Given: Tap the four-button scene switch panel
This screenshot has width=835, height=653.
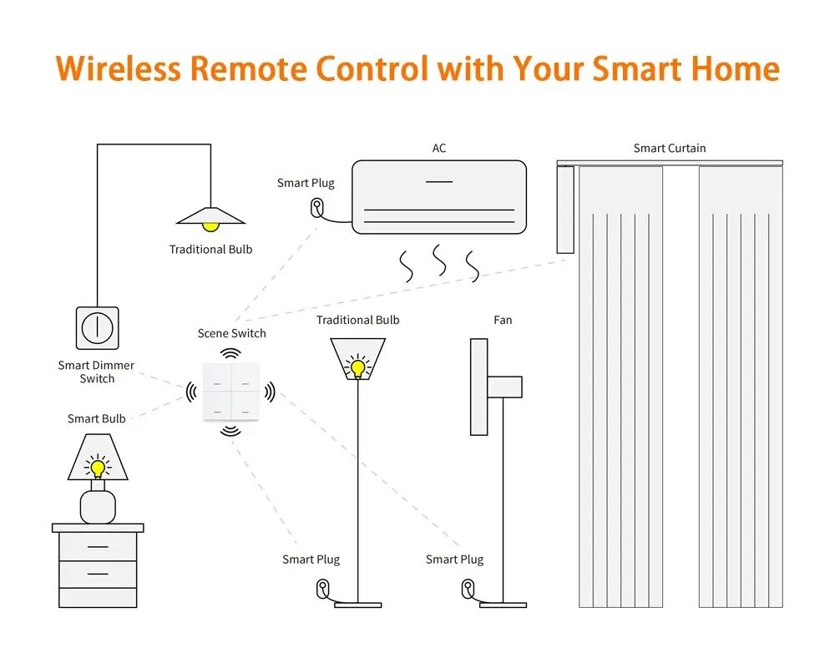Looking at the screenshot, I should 230,390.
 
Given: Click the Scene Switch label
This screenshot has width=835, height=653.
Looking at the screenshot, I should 231,333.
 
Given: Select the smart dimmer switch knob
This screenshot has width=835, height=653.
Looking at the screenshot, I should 98,328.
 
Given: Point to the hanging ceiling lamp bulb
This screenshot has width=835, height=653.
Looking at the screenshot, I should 210,225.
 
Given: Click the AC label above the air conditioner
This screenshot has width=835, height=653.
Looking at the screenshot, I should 439,148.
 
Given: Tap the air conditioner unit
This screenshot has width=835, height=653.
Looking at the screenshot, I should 439,197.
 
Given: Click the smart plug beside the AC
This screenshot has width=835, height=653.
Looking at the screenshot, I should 317,206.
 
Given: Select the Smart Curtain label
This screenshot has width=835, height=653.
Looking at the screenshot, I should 670,148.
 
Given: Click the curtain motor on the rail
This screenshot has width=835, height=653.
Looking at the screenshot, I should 566,209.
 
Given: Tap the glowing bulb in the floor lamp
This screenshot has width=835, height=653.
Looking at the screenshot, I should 358,367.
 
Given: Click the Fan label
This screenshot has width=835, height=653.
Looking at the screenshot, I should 503,320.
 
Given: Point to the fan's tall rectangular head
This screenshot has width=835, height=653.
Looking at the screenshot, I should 478,386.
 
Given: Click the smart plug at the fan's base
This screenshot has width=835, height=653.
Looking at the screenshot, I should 467,590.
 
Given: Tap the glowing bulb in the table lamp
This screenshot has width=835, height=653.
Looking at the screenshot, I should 99,468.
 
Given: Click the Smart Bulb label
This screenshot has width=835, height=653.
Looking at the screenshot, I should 97,418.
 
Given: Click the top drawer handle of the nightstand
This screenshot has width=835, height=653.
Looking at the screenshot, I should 98,547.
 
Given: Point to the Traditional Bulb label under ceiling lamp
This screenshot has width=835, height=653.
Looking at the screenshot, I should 210,249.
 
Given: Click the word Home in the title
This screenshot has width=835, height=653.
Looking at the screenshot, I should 732,68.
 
